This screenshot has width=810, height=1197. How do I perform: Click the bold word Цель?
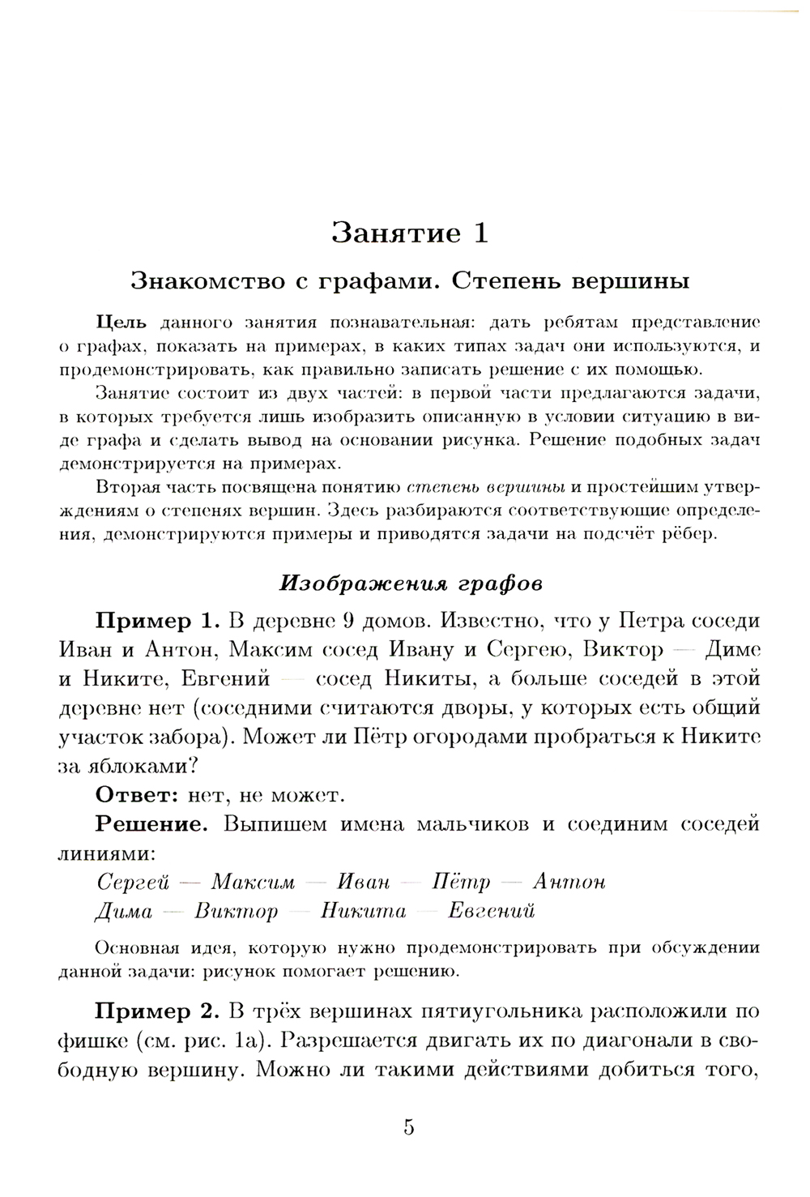coord(121,323)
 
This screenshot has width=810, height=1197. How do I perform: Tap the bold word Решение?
coord(153,824)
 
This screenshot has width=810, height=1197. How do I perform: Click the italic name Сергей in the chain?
coord(129,882)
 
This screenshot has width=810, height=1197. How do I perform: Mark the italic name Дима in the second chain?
coord(124,911)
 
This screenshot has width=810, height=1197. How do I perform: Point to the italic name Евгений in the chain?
coord(492,911)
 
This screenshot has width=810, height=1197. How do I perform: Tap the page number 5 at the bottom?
coord(408,1127)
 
